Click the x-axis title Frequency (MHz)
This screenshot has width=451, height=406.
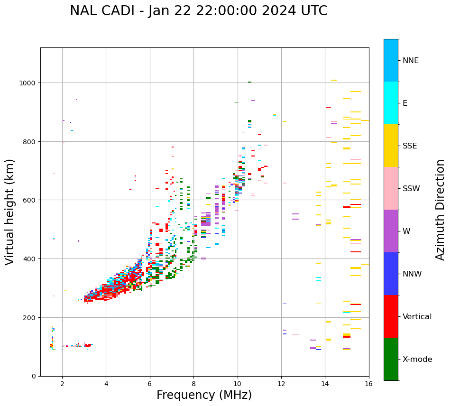[x=204, y=395]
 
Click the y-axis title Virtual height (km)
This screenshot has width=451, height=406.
[x=10, y=212]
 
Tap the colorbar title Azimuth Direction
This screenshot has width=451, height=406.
[x=441, y=210]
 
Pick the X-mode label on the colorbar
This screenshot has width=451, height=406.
[x=417, y=360]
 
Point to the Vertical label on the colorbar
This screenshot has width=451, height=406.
[x=417, y=317]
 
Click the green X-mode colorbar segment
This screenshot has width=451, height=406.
[x=391, y=359]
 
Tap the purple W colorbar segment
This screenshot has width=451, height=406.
[x=391, y=231]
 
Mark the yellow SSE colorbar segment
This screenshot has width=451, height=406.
[x=391, y=146]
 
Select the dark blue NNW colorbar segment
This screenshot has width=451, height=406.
[x=391, y=274]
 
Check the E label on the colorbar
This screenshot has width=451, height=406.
[x=405, y=103]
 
